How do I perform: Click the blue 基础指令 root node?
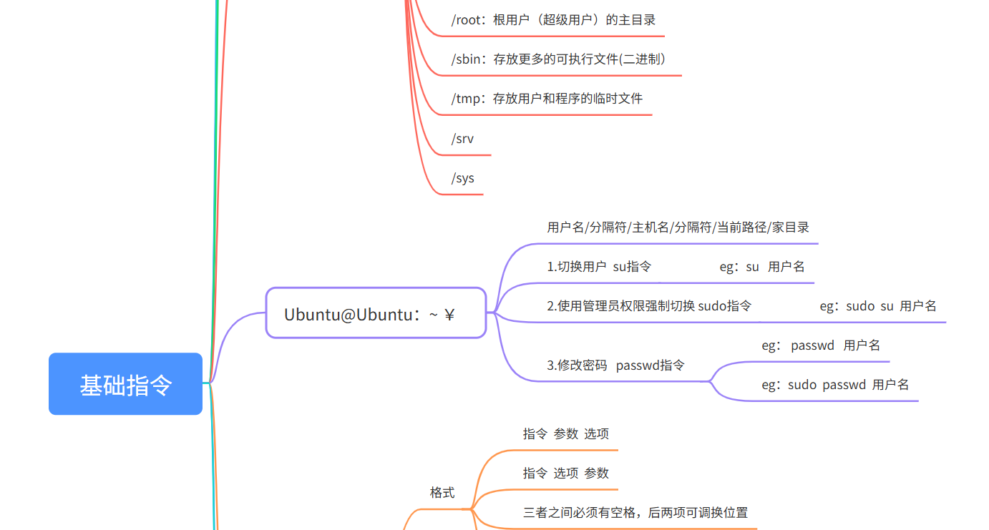coord(126,384)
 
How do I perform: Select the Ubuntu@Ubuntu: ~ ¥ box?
coord(376,313)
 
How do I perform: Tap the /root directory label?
coord(553,20)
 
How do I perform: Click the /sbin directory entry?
coord(562,59)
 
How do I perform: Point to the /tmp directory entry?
coord(547,99)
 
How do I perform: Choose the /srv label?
coord(463,139)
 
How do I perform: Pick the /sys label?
coord(463,178)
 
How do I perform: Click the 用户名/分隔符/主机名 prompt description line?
coord(678,227)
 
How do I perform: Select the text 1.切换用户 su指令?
coord(599,267)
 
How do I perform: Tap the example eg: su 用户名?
coord(761,267)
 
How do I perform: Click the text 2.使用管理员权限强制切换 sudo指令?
coord(649,306)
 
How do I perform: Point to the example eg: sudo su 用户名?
coord(877,306)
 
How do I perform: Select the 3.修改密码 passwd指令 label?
coord(615,365)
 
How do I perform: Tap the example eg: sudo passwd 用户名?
coord(834,385)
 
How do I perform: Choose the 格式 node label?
coord(442,493)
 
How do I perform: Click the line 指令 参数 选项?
coord(565,433)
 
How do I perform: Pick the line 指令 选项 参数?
coord(565,473)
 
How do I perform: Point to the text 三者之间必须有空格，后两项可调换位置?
coord(635,513)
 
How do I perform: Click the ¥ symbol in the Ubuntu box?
coord(449,315)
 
